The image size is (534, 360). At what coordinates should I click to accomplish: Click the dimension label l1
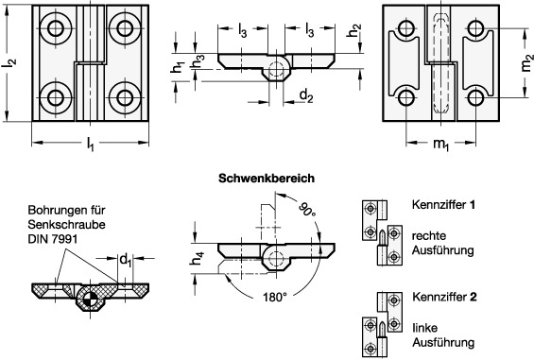[x=90, y=144]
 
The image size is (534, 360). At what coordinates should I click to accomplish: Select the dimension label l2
[x=9, y=63]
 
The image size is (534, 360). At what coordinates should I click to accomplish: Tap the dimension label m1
[x=441, y=145]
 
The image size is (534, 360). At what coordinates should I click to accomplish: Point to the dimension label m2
[x=526, y=63]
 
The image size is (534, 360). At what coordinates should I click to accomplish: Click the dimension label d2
[x=306, y=95]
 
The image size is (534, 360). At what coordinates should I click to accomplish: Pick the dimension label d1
[x=126, y=261]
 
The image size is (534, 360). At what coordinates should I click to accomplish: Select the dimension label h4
[x=197, y=259]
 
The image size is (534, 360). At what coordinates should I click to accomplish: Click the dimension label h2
[x=354, y=30]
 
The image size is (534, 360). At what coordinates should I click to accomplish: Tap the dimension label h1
[x=177, y=67]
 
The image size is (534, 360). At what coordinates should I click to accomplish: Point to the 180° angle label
[x=274, y=298]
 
